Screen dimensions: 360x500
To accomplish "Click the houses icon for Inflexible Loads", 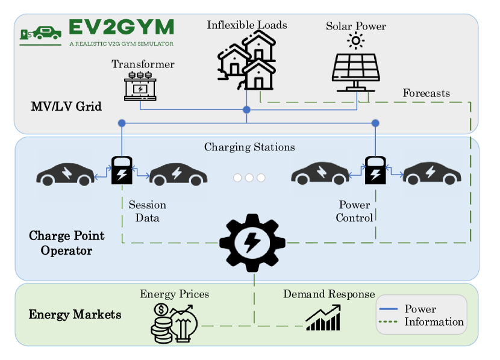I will pyautogui.click(x=247, y=60).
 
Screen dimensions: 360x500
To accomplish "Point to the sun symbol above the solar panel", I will pyautogui.click(x=356, y=40).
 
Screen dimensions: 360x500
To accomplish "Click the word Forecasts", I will pyautogui.click(x=426, y=93).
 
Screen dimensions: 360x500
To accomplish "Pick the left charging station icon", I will pyautogui.click(x=122, y=170).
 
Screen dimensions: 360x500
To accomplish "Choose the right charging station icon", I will pyautogui.click(x=376, y=170).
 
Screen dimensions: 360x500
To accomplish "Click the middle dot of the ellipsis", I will pyautogui.click(x=249, y=178).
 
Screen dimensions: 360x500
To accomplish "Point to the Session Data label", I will pyautogui.click(x=147, y=211).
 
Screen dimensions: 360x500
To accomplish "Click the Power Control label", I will pyautogui.click(x=354, y=211).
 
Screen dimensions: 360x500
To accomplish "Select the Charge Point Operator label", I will pyautogui.click(x=66, y=243).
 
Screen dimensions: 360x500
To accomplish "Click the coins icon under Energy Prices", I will pyautogui.click(x=161, y=323).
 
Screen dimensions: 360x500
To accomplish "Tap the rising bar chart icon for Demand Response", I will pyautogui.click(x=323, y=317).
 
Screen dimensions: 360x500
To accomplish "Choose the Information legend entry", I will pyautogui.click(x=434, y=321).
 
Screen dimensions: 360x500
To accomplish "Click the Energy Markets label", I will pyautogui.click(x=75, y=315).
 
